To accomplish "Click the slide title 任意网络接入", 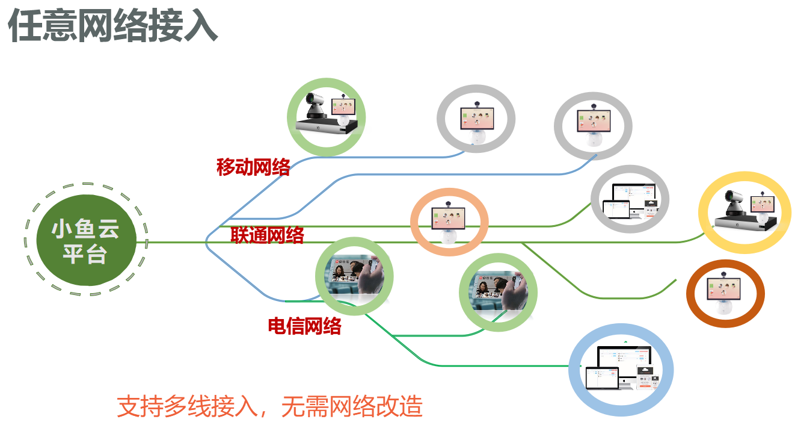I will [112, 26].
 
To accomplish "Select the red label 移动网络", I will [253, 167].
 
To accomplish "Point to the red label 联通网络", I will [268, 235].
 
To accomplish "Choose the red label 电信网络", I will [304, 326].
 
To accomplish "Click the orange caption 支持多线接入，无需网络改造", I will [269, 407].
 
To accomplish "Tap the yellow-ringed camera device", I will [744, 212].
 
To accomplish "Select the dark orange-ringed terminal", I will [725, 294].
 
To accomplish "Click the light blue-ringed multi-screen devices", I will [621, 370].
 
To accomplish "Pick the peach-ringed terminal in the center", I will [449, 222].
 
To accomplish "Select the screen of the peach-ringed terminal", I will [448, 217].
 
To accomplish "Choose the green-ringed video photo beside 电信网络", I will [354, 276].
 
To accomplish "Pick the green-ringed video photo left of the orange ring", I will [498, 292].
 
